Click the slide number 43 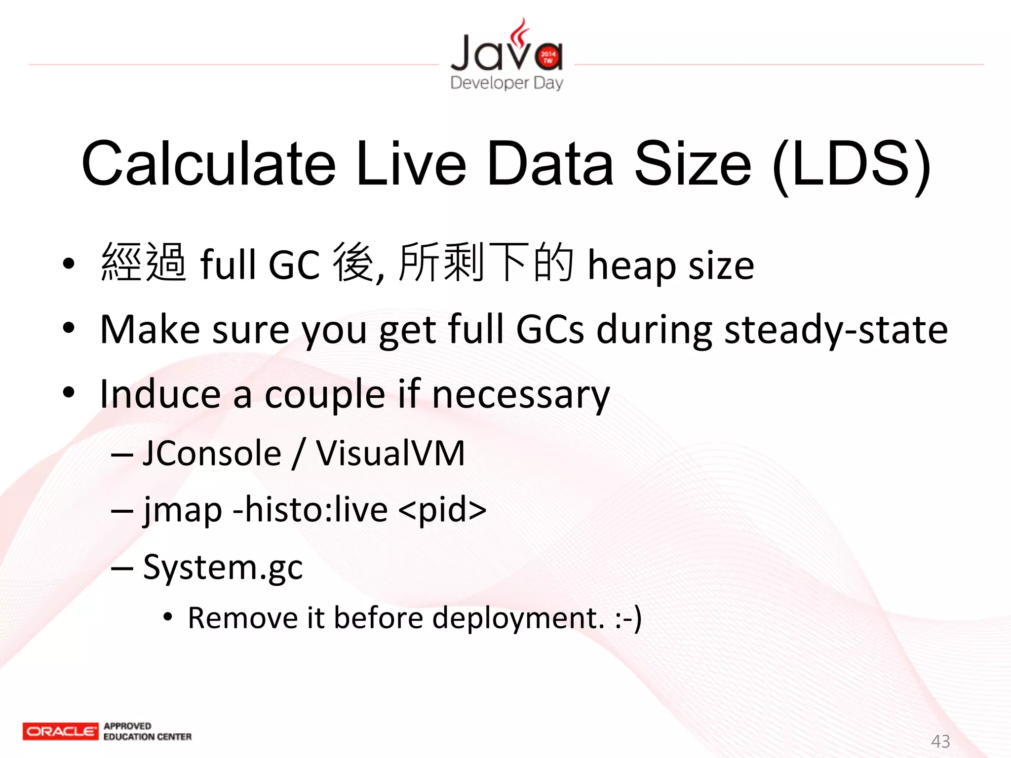[x=940, y=741]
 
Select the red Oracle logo [x=60, y=731]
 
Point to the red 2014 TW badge [x=548, y=57]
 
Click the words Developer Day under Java [x=506, y=82]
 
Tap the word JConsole [x=212, y=453]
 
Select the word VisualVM [x=390, y=453]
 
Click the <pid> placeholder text [x=442, y=509]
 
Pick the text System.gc [x=223, y=567]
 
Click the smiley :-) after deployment [x=628, y=618]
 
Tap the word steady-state [x=836, y=330]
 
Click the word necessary [x=521, y=395]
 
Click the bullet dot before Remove [x=168, y=617]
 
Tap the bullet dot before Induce [x=69, y=392]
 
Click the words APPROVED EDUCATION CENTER [x=147, y=731]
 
